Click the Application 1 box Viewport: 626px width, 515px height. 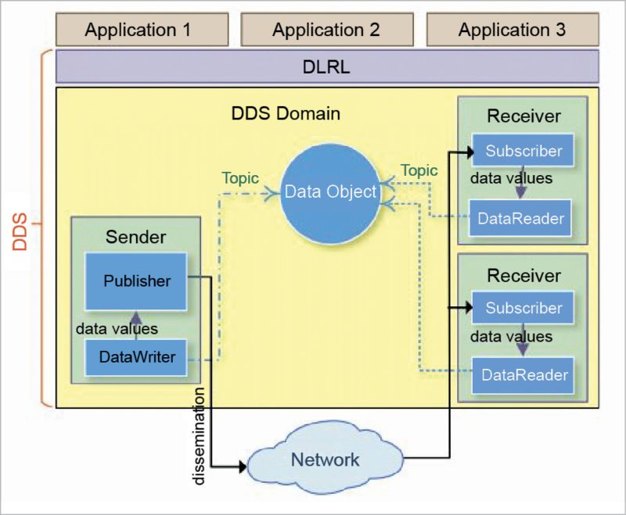pos(138,30)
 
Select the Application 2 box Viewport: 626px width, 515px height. pos(326,30)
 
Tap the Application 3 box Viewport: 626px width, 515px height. pos(512,30)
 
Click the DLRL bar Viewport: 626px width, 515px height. pos(326,67)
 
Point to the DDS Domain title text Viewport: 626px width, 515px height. pos(286,113)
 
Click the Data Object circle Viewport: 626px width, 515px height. pos(329,191)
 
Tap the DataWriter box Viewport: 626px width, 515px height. pos(137,357)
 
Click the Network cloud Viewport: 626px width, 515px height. pos(326,459)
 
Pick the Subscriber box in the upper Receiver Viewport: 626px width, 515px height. pos(523,151)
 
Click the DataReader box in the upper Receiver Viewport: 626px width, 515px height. pos(520,218)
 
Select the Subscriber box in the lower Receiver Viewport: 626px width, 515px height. pos(523,308)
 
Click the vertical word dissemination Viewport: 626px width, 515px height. pos(200,435)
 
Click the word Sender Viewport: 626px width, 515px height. pos(136,236)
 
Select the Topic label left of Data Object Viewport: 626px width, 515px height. pos(240,178)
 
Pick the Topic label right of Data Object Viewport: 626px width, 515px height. pos(419,170)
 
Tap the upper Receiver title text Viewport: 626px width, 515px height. pos(523,116)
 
